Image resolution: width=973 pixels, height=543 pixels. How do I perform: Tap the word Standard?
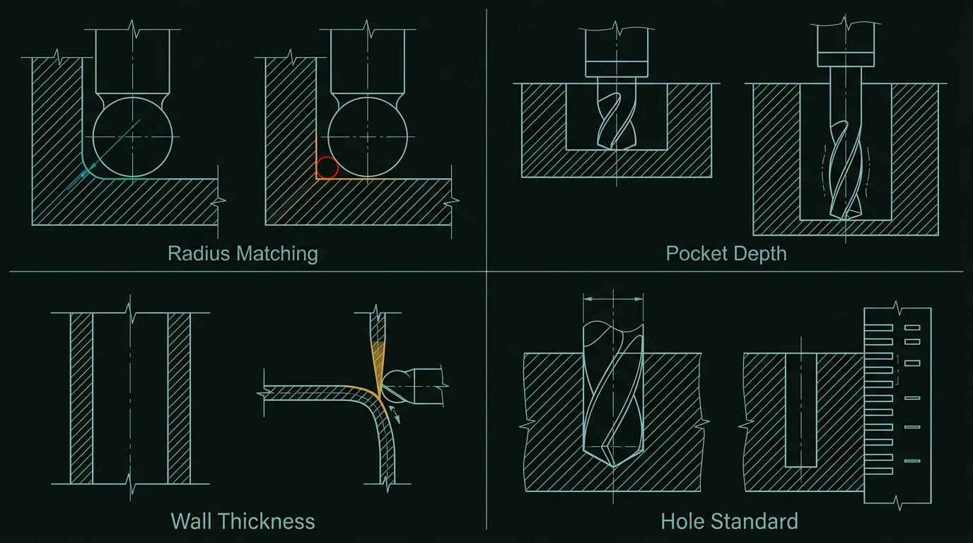pos(752,521)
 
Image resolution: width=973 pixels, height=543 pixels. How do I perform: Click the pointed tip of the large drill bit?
pos(613,467)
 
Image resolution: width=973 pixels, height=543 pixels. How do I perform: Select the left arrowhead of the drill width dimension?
pos(588,299)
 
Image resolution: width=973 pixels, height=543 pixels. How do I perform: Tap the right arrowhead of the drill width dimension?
pos(639,299)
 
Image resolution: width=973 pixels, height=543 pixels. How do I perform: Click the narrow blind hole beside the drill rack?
pos(801,410)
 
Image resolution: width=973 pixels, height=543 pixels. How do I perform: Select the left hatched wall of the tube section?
pos(81,398)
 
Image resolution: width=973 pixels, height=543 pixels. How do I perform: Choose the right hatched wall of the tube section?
pos(179,398)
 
